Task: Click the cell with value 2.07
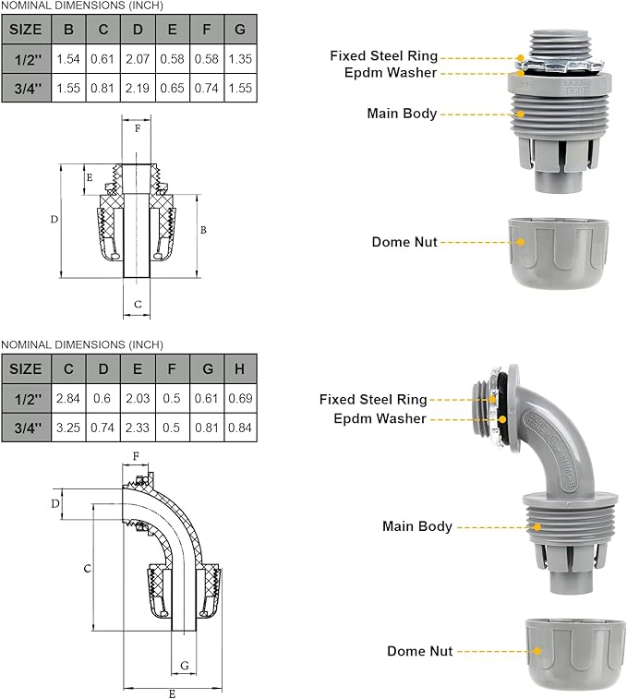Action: (x=138, y=58)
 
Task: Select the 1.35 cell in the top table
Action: (x=240, y=58)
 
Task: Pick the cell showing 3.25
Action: (x=69, y=427)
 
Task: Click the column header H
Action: (x=240, y=368)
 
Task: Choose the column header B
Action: (x=69, y=29)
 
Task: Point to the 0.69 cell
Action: (x=240, y=397)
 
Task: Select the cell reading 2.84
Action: (x=69, y=397)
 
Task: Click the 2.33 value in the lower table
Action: (x=138, y=427)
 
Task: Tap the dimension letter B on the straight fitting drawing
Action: (x=203, y=229)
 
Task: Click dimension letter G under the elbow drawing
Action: (x=185, y=665)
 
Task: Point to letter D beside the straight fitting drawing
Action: (x=54, y=220)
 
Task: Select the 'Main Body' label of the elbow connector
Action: (x=417, y=526)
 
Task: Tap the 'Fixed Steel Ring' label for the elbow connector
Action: (x=373, y=400)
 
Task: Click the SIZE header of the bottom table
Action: (x=26, y=368)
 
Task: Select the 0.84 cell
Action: (x=240, y=427)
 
